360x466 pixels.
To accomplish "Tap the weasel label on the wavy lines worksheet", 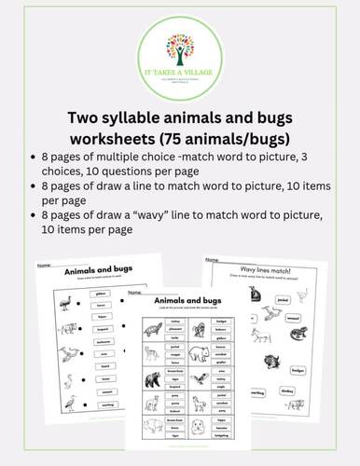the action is pyautogui.click(x=298, y=322).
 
